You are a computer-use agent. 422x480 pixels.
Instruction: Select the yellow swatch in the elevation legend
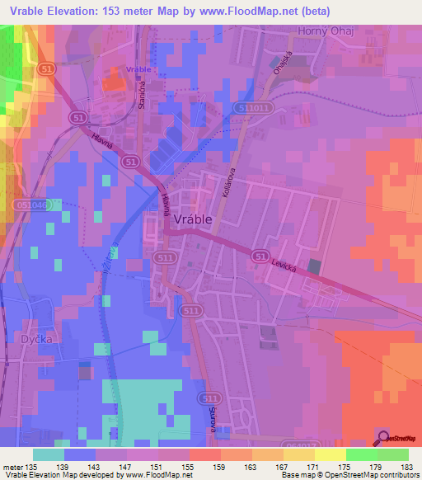click(330, 454)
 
